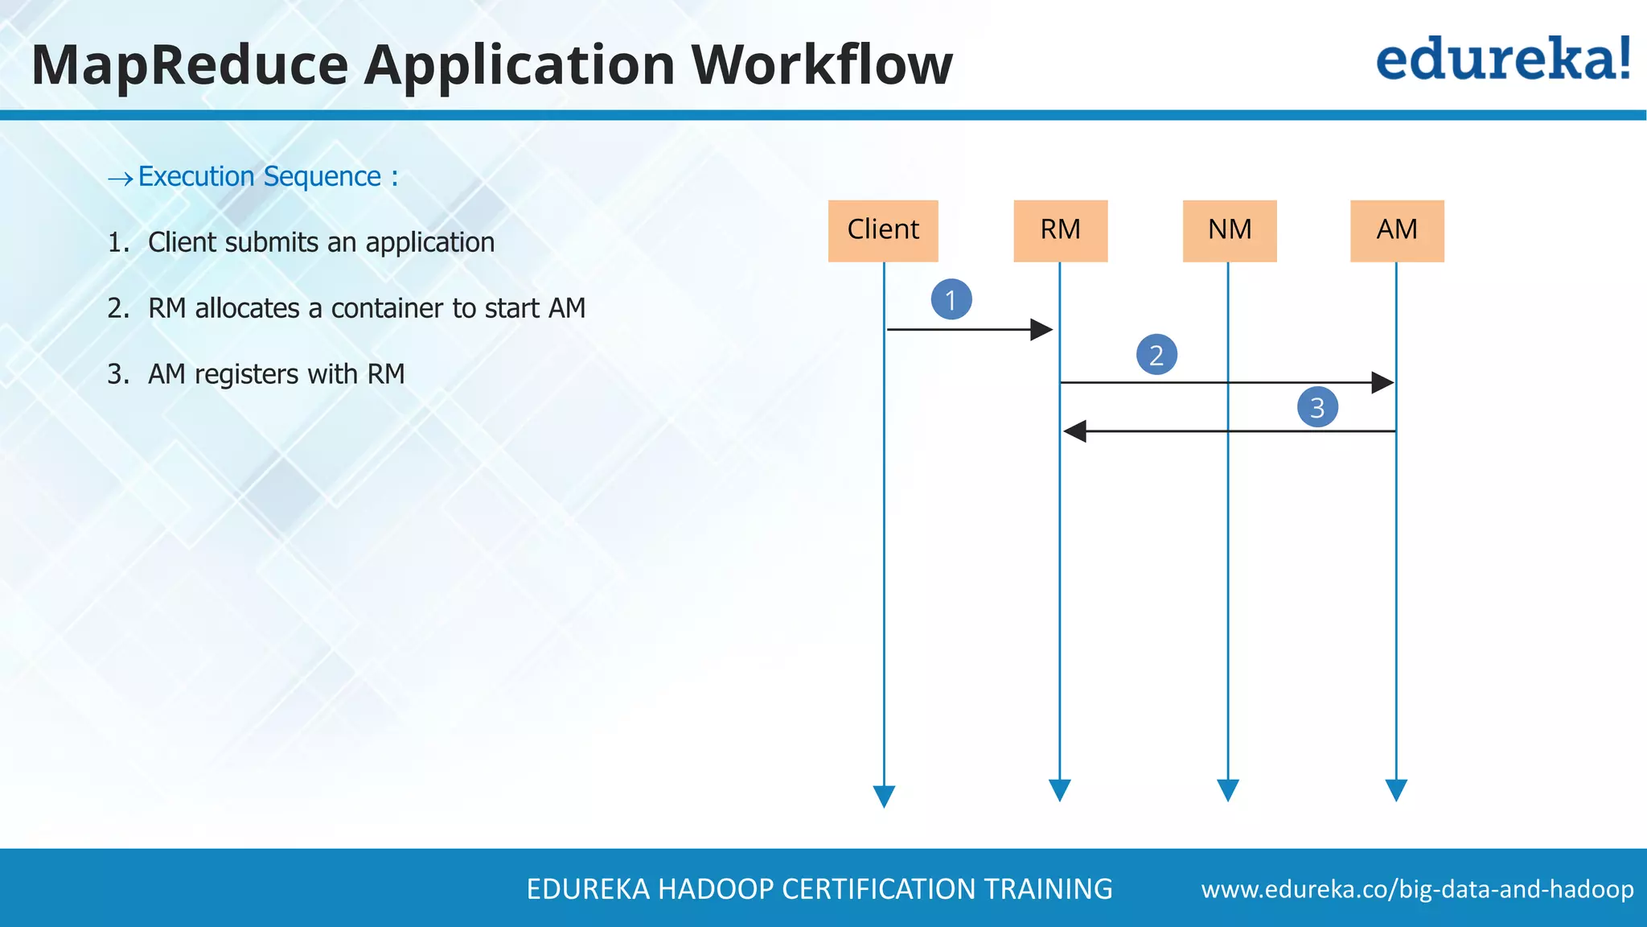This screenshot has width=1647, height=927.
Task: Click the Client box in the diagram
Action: (883, 230)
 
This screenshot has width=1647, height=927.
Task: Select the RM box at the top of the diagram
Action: (1060, 230)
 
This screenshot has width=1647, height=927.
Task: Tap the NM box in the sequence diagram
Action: (1230, 230)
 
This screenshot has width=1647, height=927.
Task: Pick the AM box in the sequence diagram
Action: (1397, 230)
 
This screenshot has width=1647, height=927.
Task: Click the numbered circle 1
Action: (951, 299)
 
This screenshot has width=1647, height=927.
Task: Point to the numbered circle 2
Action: (1156, 355)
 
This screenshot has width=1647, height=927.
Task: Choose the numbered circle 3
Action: (1317, 407)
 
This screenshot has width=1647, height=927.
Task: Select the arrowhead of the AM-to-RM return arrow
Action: (1075, 431)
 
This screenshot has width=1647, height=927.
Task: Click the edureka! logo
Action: (1503, 60)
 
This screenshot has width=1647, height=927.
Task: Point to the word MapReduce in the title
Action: (190, 64)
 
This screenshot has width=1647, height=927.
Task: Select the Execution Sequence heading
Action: (268, 176)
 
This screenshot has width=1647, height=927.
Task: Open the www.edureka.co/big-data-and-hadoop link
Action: (1417, 889)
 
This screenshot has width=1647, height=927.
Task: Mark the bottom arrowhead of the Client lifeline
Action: (884, 796)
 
